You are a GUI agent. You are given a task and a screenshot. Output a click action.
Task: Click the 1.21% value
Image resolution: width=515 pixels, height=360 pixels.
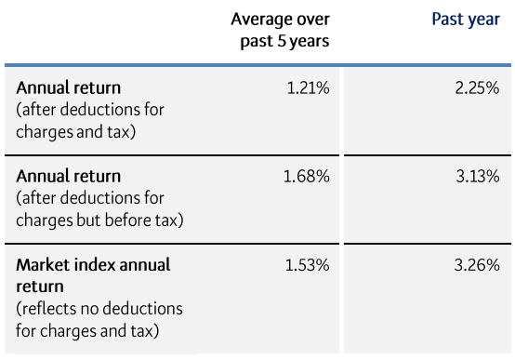306,88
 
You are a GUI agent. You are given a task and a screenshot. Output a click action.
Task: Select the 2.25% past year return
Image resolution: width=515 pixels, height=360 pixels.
477,88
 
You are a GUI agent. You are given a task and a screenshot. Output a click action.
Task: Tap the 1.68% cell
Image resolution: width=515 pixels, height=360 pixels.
306,177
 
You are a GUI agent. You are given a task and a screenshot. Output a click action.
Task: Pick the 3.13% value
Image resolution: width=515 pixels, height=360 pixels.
477,177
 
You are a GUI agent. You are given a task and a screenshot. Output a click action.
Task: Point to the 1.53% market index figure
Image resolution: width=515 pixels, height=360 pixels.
306,265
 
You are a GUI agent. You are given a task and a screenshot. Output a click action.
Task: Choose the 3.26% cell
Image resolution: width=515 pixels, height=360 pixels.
477,265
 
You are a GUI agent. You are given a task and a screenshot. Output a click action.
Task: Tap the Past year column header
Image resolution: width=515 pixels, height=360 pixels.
465,20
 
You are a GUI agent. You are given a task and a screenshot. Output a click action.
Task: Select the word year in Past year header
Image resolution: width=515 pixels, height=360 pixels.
482,20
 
